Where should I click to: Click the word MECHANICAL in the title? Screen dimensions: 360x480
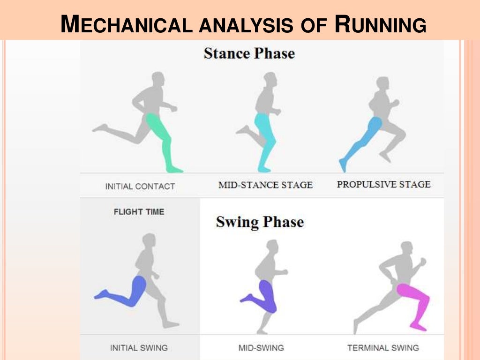click(x=127, y=24)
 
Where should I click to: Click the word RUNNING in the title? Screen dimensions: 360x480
click(x=380, y=24)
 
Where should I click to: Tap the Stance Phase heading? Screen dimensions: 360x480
click(x=249, y=53)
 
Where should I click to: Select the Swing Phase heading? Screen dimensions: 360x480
click(x=260, y=222)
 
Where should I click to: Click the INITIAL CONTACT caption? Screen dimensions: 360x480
click(x=140, y=186)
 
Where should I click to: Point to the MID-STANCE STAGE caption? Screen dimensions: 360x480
click(x=265, y=185)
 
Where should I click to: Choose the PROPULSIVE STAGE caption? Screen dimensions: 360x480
click(x=383, y=184)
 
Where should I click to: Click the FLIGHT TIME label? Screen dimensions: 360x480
click(x=139, y=212)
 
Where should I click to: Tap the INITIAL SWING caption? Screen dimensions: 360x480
click(x=139, y=348)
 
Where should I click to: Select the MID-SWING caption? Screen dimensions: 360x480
click(x=261, y=348)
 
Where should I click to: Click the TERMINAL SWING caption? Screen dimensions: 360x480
click(x=383, y=348)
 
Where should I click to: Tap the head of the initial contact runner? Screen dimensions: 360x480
click(x=158, y=79)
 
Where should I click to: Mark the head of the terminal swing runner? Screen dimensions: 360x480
click(x=406, y=248)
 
